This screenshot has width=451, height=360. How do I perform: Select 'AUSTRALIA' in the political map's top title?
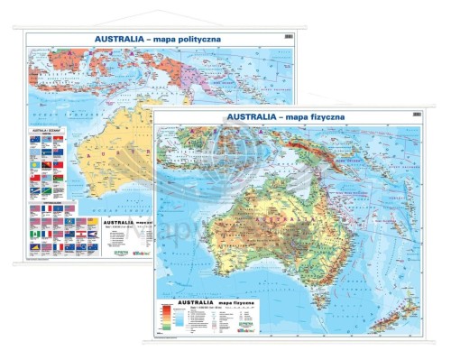tap(120, 39)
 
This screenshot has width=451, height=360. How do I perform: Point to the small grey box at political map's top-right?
tap(288, 37)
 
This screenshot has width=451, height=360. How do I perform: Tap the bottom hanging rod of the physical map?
tap(289, 345)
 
